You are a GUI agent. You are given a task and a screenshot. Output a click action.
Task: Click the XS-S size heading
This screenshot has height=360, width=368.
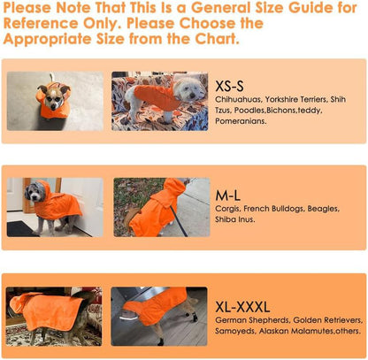[229, 86]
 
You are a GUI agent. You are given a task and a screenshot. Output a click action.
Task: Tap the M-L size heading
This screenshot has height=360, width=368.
[227, 195]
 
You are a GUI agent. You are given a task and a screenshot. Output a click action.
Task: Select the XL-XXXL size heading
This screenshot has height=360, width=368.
[242, 307]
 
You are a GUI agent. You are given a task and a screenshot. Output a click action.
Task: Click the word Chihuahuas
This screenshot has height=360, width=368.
[238, 99]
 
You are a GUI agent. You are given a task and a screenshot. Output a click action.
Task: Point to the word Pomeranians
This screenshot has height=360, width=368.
[241, 121]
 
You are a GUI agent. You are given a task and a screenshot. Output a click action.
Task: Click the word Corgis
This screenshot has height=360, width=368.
[228, 209]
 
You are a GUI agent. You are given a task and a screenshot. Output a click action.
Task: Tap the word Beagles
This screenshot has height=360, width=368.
[324, 209]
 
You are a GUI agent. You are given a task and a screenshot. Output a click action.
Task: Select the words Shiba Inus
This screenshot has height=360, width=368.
[235, 219]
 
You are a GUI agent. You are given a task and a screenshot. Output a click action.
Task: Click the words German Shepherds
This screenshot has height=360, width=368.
[252, 320]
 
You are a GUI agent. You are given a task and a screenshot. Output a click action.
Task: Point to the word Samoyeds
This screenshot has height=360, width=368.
[235, 331]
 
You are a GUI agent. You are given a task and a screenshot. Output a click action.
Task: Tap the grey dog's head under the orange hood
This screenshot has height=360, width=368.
[35, 192]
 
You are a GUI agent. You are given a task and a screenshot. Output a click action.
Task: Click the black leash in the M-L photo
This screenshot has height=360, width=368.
[179, 220]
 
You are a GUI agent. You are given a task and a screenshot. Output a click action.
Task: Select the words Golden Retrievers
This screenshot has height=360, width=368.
[327, 320]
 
